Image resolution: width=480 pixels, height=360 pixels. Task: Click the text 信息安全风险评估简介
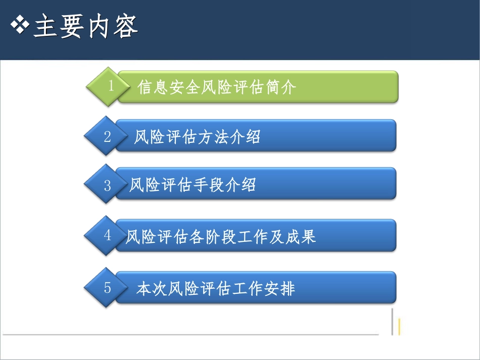click(x=216, y=87)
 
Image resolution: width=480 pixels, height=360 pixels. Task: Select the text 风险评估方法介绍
click(x=197, y=137)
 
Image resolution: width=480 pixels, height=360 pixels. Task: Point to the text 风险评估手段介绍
click(x=193, y=185)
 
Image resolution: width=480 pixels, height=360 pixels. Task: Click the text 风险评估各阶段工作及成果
click(x=221, y=236)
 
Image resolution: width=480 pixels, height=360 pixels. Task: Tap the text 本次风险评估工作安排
click(x=216, y=289)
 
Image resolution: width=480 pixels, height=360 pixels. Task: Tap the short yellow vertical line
click(x=400, y=327)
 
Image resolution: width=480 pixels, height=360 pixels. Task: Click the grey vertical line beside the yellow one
click(x=392, y=322)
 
